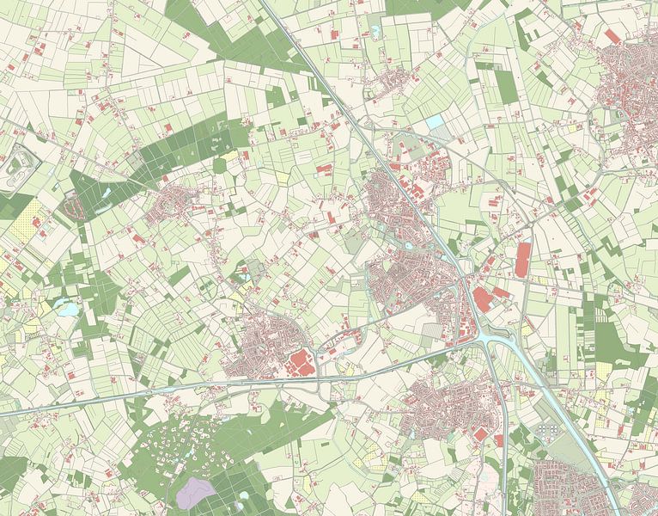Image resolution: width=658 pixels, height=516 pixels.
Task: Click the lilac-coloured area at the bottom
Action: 195,491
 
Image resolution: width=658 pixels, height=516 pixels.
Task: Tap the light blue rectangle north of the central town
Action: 436,122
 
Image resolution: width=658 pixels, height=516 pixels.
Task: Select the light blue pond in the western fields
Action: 65,305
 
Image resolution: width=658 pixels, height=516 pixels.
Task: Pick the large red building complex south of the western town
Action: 300,363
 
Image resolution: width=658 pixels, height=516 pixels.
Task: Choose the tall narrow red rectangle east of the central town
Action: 523,259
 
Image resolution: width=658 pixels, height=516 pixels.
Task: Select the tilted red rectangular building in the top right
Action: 612,36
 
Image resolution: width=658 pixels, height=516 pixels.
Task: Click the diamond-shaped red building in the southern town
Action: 480,434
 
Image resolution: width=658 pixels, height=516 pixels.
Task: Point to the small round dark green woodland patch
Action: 220,164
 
